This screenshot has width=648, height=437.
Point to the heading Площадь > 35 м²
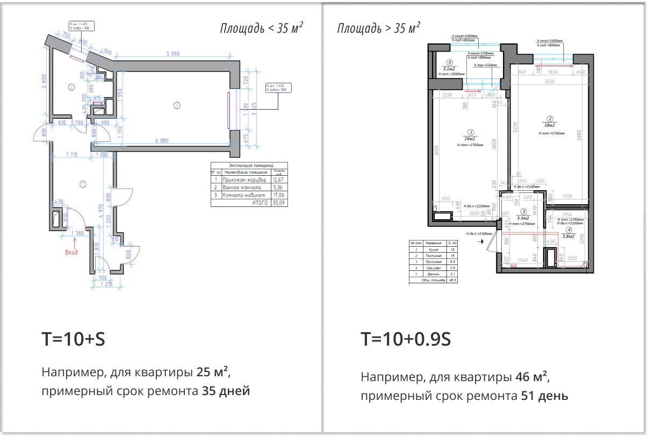coord(378,28)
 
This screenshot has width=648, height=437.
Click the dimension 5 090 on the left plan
coord(176,54)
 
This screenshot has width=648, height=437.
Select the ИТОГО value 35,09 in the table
coord(279,203)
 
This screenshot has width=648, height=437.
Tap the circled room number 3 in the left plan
coord(176,105)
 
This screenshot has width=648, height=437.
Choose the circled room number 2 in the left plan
coord(70,87)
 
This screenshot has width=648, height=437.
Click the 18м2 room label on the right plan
coord(550,125)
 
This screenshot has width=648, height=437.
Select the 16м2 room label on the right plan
coord(470,138)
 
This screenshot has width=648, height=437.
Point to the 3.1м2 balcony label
coord(449,68)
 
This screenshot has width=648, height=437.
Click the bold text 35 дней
coord(226,391)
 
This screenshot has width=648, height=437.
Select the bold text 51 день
coord(544,396)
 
